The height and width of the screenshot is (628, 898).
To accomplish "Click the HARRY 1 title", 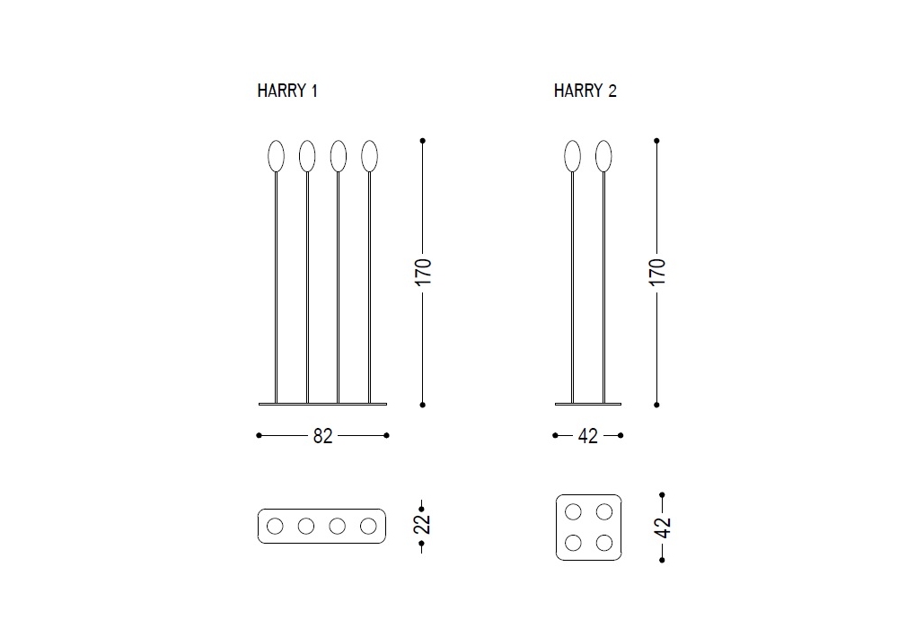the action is tap(287, 91).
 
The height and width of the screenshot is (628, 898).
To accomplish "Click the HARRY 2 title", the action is tap(585, 91).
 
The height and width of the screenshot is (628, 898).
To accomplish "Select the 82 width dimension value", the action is tap(323, 436).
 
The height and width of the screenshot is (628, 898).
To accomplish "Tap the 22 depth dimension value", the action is tap(422, 524).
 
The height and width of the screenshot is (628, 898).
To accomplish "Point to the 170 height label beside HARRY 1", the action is tap(423, 272).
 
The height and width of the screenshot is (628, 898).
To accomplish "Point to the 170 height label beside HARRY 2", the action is tap(657, 272).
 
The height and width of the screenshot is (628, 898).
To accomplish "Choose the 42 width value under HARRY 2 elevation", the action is tap(588, 436).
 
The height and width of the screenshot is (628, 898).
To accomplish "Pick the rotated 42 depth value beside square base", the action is tap(663, 528).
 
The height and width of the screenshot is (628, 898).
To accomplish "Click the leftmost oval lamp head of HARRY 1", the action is tap(276, 156).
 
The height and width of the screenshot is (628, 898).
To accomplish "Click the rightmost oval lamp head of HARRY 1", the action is tap(369, 156).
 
